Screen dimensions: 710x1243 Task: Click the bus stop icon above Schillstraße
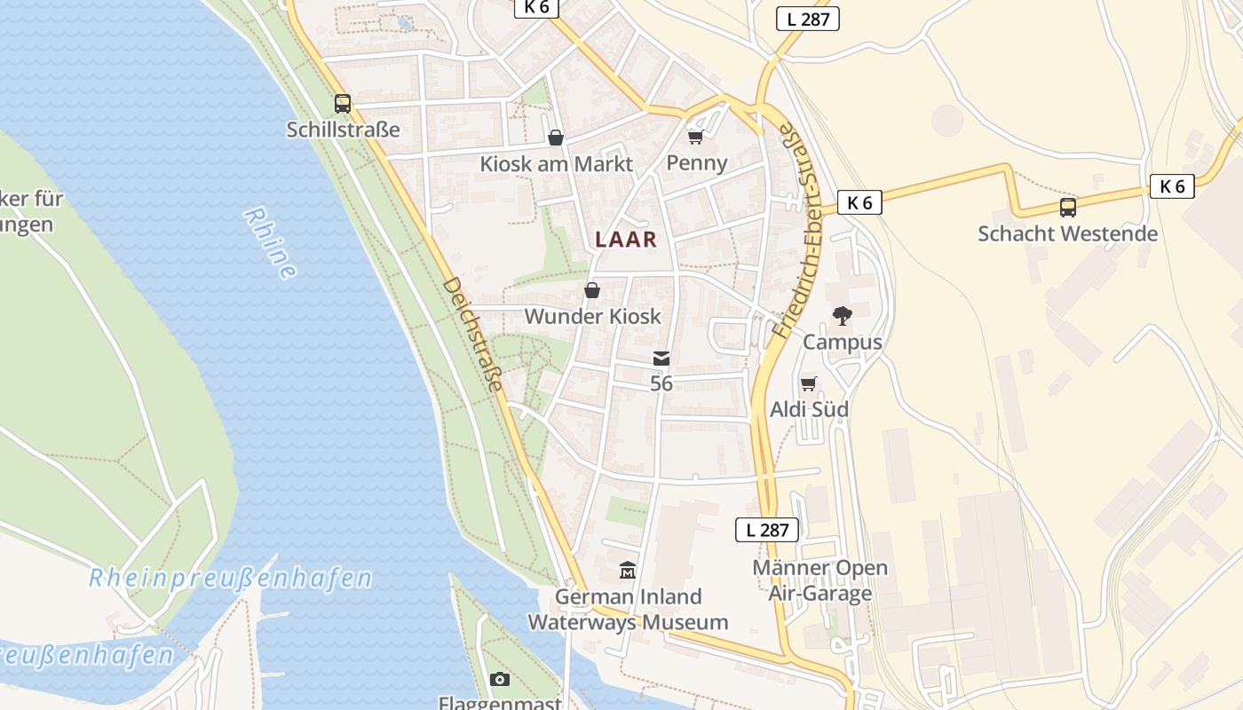tap(343, 104)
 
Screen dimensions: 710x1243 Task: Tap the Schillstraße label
tap(343, 130)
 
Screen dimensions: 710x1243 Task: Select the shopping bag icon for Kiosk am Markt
tap(556, 138)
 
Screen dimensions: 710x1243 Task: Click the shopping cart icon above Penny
tap(696, 137)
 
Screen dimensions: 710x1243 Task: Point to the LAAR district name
tap(626, 239)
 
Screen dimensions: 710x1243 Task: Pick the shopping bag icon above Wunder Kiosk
tap(592, 290)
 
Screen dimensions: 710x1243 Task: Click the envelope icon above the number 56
tap(661, 359)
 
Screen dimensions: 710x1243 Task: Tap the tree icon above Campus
tap(842, 316)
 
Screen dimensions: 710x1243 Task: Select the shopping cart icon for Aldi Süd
tap(808, 384)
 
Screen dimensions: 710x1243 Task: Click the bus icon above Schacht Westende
tap(1068, 208)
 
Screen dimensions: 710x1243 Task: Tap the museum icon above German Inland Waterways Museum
tap(628, 570)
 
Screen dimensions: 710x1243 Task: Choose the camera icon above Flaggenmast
tap(500, 680)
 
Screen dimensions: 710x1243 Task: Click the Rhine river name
tap(269, 243)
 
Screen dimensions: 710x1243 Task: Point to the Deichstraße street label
tap(473, 334)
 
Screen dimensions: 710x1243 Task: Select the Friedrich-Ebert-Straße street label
tap(798, 231)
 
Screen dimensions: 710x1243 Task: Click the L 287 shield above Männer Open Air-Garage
tap(767, 530)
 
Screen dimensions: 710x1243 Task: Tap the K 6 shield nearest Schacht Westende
tap(1172, 186)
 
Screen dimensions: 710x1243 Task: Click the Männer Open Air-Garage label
tap(819, 580)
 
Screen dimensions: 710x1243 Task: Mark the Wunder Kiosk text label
tap(592, 316)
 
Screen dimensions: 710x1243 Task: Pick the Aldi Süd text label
tap(808, 409)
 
